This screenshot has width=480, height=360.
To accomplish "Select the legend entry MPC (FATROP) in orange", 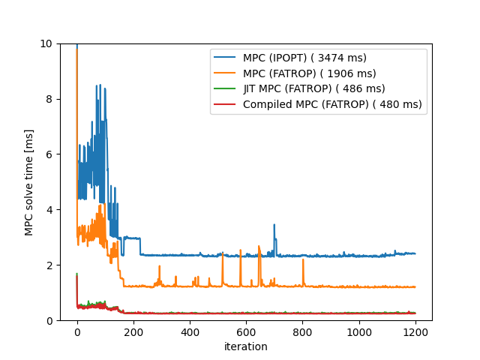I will [x=309, y=73].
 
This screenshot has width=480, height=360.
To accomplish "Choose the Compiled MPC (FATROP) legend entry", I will [x=332, y=104].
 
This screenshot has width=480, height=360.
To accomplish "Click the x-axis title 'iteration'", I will [x=246, y=346].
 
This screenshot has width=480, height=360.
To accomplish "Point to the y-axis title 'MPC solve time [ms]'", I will [x=29, y=182].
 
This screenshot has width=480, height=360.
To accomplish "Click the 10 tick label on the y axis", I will [x=47, y=43].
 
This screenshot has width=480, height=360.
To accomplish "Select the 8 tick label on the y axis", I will [x=49, y=99].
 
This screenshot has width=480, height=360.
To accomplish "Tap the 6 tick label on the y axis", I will [x=49, y=154].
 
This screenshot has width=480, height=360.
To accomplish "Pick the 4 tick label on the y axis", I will [x=49, y=210].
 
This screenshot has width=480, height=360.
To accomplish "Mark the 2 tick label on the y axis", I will [x=49, y=265].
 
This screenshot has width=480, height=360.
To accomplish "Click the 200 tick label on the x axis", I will [x=133, y=332].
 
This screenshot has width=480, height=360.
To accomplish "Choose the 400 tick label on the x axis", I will [x=190, y=332].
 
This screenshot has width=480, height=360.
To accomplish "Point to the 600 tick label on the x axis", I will [x=246, y=332].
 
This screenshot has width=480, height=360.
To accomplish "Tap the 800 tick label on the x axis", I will [x=302, y=332].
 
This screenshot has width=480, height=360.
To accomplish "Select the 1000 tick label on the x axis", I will [x=358, y=332].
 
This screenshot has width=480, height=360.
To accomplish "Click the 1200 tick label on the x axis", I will [x=415, y=332].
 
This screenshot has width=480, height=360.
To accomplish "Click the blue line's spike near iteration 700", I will [x=274, y=225].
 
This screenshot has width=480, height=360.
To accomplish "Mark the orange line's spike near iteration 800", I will [x=303, y=260].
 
